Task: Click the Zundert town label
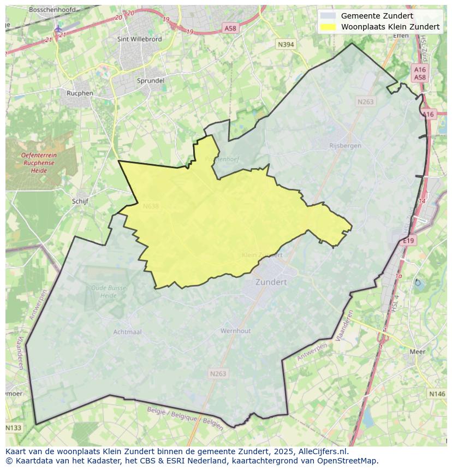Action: pyautogui.click(x=271, y=282)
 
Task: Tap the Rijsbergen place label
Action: pyautogui.click(x=345, y=146)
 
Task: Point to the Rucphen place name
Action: pyautogui.click(x=80, y=93)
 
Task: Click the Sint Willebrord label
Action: pyautogui.click(x=139, y=39)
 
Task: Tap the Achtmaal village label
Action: pyautogui.click(x=127, y=332)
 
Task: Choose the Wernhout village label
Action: pyautogui.click(x=235, y=331)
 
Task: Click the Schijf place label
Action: pyautogui.click(x=80, y=201)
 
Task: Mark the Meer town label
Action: pyautogui.click(x=417, y=352)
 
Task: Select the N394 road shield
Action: pyautogui.click(x=286, y=45)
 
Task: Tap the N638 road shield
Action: pyautogui.click(x=151, y=206)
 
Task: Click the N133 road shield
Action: pyautogui.click(x=14, y=427)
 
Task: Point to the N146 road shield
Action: pyautogui.click(x=437, y=394)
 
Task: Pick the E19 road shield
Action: pyautogui.click(x=409, y=240)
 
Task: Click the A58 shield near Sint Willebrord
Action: pyautogui.click(x=231, y=28)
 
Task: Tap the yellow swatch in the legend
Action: pyautogui.click(x=328, y=27)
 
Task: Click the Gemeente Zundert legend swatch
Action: pyautogui.click(x=328, y=16)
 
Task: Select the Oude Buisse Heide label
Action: pyautogui.click(x=108, y=291)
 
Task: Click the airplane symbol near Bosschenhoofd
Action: pyautogui.click(x=58, y=28)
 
